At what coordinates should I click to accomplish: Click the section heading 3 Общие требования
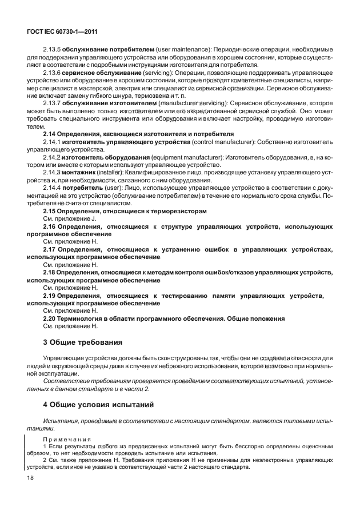[x=83, y=342]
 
